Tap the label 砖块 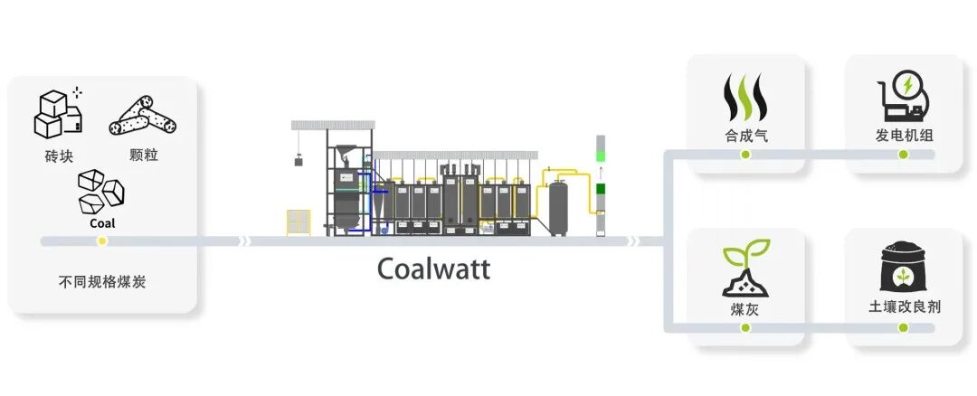[58, 155]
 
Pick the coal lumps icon [101, 191]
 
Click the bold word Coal [102, 222]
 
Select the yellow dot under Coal [102, 241]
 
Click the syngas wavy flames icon [745, 98]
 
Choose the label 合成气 [745, 136]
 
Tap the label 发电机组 [904, 136]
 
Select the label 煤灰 [745, 308]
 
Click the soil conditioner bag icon [903, 266]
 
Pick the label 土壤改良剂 [904, 306]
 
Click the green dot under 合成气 [745, 155]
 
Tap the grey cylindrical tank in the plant [559, 207]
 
